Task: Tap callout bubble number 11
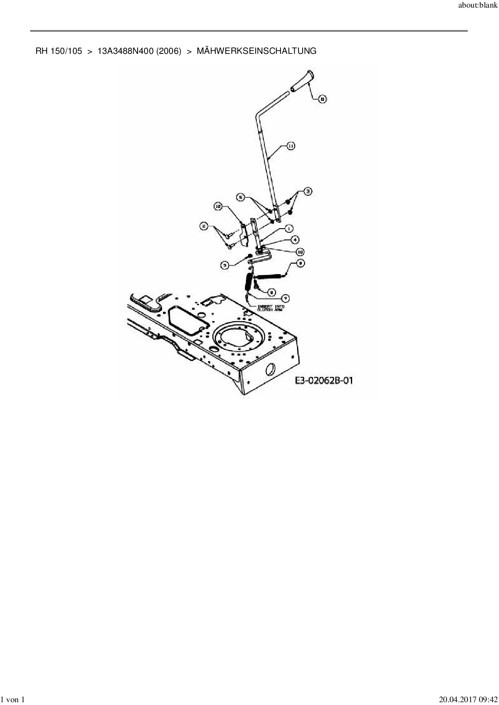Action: click(291, 146)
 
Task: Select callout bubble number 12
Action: click(218, 206)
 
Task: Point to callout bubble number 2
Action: click(204, 227)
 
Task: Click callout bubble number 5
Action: click(241, 197)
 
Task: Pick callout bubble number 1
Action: click(289, 228)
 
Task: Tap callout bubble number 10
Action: click(300, 252)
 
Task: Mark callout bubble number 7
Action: click(285, 298)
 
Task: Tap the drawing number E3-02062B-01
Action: click(324, 380)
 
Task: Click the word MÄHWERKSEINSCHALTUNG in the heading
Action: click(256, 51)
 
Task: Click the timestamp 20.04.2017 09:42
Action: click(468, 700)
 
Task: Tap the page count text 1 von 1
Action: click(13, 700)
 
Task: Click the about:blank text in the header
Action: click(478, 6)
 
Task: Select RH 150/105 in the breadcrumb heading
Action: click(59, 51)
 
